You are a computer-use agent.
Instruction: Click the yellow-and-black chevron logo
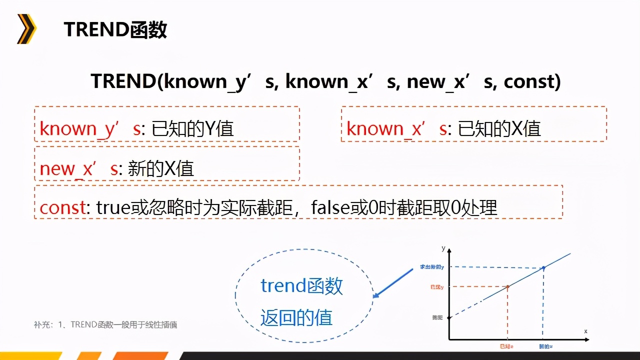point(26,29)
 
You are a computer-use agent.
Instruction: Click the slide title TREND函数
point(115,30)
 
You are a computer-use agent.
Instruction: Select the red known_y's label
point(90,129)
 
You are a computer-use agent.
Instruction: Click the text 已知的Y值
point(192,129)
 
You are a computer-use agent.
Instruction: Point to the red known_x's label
point(397,129)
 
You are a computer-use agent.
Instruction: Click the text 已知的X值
point(499,129)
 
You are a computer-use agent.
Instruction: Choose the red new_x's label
point(79,168)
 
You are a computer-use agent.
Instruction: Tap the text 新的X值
point(161,168)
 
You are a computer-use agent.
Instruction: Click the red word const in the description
point(62,207)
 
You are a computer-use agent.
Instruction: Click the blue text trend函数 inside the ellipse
point(302,286)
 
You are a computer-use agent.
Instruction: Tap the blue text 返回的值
point(296,317)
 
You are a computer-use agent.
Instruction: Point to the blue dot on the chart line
point(543,267)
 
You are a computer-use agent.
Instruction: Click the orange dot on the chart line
point(508,286)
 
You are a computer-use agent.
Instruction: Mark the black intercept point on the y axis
point(449,317)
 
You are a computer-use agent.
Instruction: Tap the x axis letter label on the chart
point(585,331)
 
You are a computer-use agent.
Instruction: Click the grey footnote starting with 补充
point(105,325)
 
